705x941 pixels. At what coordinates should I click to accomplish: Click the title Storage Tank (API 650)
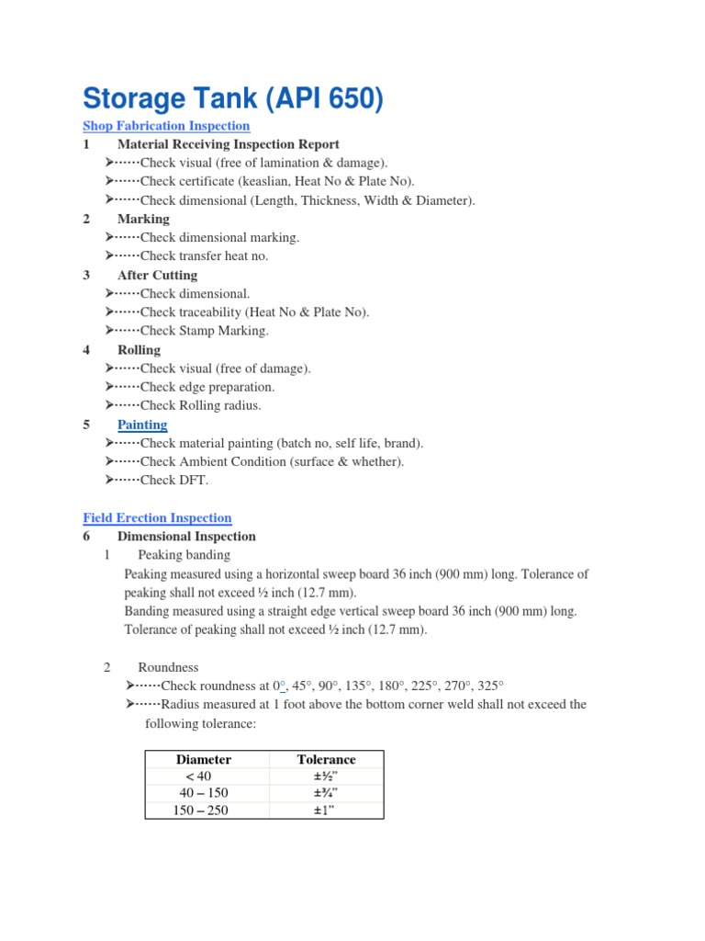232,98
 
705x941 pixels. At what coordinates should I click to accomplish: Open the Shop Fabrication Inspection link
166,126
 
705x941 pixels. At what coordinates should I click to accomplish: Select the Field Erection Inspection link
157,518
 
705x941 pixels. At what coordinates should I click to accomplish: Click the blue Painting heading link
142,425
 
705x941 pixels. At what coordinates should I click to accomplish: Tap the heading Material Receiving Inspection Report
228,144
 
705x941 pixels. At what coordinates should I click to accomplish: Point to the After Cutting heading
157,275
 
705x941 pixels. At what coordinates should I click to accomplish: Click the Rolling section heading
139,350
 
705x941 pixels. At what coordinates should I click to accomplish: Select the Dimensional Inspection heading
186,537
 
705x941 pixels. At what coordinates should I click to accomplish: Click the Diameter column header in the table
204,760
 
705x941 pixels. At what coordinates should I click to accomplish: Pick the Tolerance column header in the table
326,760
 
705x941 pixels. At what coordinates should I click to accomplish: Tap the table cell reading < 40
198,777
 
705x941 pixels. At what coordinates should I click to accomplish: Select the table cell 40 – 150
204,793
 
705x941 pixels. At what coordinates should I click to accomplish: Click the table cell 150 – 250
201,811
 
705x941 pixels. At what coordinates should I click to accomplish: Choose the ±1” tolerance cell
326,811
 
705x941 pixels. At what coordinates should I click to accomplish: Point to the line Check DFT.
173,481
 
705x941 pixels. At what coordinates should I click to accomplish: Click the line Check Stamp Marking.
204,331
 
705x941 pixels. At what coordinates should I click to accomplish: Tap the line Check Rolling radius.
200,405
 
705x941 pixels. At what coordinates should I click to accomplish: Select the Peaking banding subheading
184,555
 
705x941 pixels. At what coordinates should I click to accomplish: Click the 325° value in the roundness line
491,686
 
